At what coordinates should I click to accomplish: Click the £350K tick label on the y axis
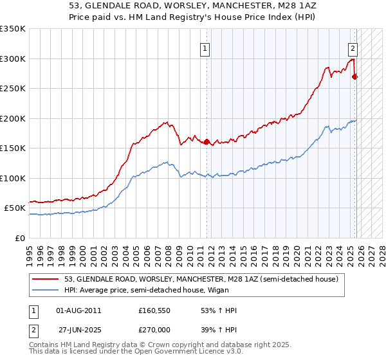point(13,29)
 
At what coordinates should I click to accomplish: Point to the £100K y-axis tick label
point(13,178)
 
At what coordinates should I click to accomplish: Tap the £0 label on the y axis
point(20,238)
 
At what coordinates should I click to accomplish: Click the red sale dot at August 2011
point(207,142)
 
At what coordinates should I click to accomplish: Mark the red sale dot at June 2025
point(355,76)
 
